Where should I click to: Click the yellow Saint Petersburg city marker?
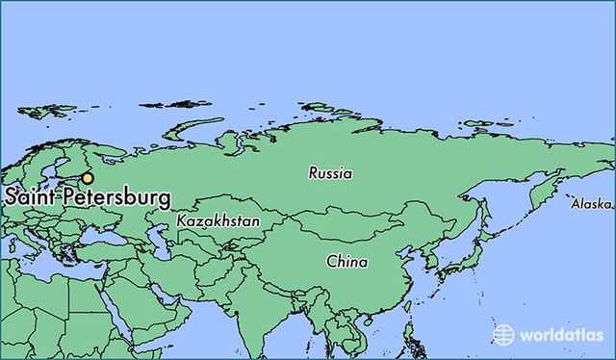pyautogui.click(x=88, y=178)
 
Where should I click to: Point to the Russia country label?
pyautogui.click(x=330, y=174)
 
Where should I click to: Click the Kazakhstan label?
pyautogui.click(x=218, y=221)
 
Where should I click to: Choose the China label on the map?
pyautogui.click(x=346, y=261)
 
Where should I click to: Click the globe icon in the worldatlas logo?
pyautogui.click(x=504, y=334)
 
